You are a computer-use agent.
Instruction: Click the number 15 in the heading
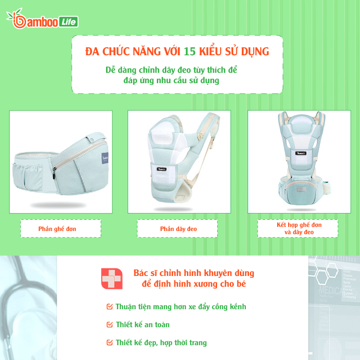[x=190, y=51]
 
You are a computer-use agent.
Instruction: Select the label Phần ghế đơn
[x=57, y=229]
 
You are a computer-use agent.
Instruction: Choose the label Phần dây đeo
[x=178, y=229]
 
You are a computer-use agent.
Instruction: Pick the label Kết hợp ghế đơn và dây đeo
[x=299, y=228]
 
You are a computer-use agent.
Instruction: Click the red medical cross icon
[x=112, y=279]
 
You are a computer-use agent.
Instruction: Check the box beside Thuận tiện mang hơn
[x=110, y=307]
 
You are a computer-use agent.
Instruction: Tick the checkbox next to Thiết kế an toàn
[x=110, y=324]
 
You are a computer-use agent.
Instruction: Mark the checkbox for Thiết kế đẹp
[x=110, y=342]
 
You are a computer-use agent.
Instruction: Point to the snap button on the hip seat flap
[x=92, y=139]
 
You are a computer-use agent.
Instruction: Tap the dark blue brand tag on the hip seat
[x=105, y=158]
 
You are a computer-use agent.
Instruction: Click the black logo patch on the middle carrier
[x=161, y=169]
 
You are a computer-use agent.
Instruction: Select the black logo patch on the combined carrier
[x=301, y=153]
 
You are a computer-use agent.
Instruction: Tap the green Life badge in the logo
[x=69, y=22]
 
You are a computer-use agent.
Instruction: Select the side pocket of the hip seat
[x=28, y=176]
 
